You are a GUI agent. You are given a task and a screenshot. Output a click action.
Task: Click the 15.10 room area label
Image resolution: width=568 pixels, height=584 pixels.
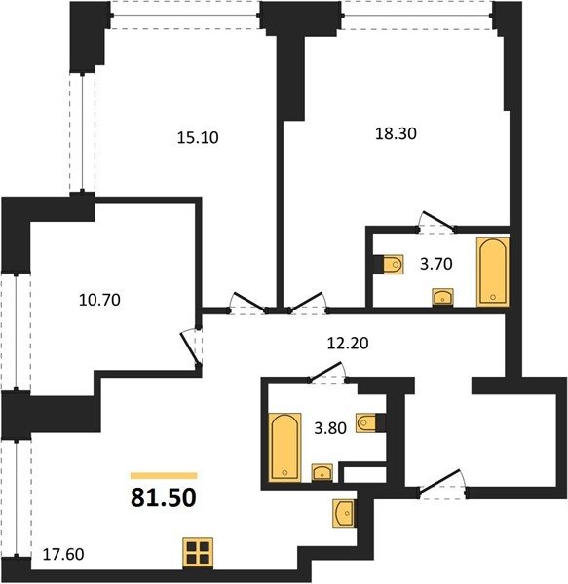[x=198, y=138]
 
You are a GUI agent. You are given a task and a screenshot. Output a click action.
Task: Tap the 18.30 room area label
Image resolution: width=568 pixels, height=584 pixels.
[x=396, y=133]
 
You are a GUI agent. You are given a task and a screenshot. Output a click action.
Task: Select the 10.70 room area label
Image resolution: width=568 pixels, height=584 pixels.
[x=99, y=300]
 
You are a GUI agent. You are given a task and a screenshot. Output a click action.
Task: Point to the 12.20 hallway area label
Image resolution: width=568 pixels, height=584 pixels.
[x=348, y=343]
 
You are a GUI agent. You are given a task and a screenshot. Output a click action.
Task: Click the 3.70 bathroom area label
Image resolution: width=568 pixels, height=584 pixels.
[x=436, y=264]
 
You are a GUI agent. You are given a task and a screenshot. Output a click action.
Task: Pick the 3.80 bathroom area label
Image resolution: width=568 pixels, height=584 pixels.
[x=330, y=428]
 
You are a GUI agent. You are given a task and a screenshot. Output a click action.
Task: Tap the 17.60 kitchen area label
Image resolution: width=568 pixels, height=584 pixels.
[x=63, y=554]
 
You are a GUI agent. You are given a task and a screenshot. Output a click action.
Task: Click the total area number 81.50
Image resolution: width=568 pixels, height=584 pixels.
[x=164, y=497]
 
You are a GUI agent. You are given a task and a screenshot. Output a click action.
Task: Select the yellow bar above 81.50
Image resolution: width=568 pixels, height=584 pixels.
[x=164, y=475]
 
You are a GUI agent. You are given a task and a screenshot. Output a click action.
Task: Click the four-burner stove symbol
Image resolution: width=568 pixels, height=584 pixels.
[x=198, y=553]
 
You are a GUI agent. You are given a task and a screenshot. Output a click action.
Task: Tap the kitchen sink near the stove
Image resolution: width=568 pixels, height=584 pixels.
[x=343, y=513]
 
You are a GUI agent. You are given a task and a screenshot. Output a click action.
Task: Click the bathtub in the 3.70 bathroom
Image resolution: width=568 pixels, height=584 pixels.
[x=493, y=272]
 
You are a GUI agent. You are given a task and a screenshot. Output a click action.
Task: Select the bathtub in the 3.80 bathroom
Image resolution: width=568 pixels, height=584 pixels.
[x=284, y=447]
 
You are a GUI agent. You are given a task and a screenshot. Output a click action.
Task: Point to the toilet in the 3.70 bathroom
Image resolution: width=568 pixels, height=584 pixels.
[x=393, y=265]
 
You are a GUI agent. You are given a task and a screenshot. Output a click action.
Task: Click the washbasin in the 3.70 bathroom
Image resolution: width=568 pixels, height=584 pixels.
[x=442, y=297]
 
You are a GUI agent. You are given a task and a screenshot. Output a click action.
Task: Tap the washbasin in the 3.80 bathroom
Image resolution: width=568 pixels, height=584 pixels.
[x=322, y=473]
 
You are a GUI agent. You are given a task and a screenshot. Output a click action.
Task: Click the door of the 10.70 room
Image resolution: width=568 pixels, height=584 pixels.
[x=191, y=347]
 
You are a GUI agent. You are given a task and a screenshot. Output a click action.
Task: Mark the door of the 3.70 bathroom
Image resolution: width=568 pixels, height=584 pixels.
[x=436, y=222]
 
